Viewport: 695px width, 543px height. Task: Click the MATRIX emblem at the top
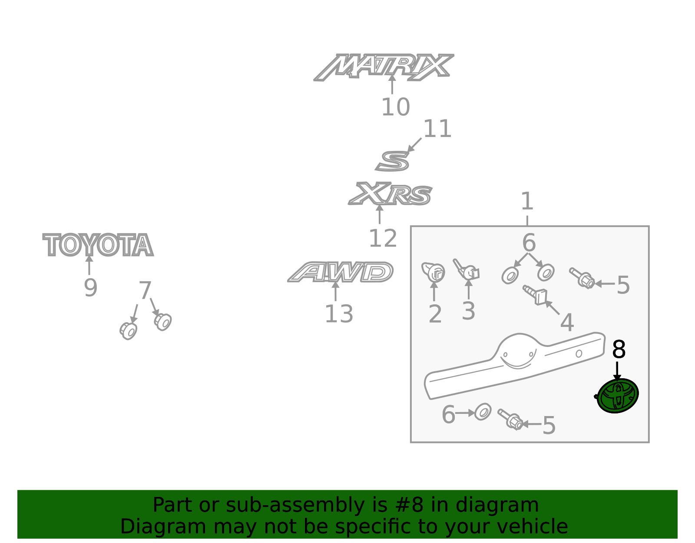pyautogui.click(x=384, y=67)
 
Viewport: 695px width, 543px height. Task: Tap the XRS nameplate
pyautogui.click(x=390, y=194)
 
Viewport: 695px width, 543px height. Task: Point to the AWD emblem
pyautogui.click(x=340, y=272)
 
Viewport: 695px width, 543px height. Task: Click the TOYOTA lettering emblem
pyautogui.click(x=98, y=245)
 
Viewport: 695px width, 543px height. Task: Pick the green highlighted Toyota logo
pyautogui.click(x=617, y=396)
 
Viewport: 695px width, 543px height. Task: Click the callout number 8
pyautogui.click(x=619, y=350)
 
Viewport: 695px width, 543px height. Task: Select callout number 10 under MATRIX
pyautogui.click(x=396, y=107)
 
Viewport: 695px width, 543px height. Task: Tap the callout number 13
pyautogui.click(x=339, y=314)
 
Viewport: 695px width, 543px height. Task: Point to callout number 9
pyautogui.click(x=90, y=288)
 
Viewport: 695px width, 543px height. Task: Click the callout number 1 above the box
pyautogui.click(x=527, y=201)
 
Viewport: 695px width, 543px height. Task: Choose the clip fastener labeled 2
pyautogui.click(x=433, y=272)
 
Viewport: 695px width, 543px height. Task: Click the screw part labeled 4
pyautogui.click(x=535, y=295)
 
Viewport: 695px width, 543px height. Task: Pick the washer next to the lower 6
pyautogui.click(x=483, y=412)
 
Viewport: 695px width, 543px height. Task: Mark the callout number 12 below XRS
pyautogui.click(x=383, y=238)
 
